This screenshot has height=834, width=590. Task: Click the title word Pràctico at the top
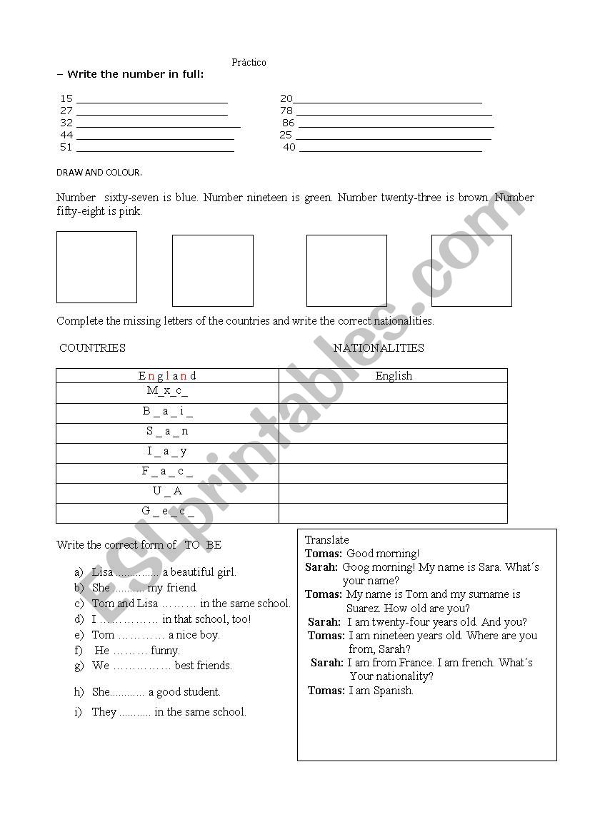pyautogui.click(x=249, y=63)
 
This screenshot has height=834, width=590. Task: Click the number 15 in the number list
pyautogui.click(x=66, y=98)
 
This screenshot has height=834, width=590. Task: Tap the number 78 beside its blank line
pyautogui.click(x=286, y=111)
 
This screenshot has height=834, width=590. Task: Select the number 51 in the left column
pyautogui.click(x=66, y=147)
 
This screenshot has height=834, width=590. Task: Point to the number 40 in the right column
pyautogui.click(x=289, y=147)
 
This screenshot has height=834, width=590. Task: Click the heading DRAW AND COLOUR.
pyautogui.click(x=99, y=173)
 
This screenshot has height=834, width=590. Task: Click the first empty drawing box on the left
pyautogui.click(x=96, y=267)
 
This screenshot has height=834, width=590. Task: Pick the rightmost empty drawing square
pyautogui.click(x=471, y=270)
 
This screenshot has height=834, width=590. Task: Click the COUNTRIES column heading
pyautogui.click(x=92, y=348)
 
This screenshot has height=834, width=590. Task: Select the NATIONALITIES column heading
pyautogui.click(x=379, y=348)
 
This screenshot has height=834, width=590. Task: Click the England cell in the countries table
pyautogui.click(x=167, y=375)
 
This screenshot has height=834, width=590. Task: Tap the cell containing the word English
pyautogui.click(x=394, y=375)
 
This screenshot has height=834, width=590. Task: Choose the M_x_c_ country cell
pyautogui.click(x=167, y=391)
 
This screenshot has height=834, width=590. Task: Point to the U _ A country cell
pyautogui.click(x=167, y=491)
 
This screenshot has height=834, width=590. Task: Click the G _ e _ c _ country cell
pyautogui.click(x=167, y=511)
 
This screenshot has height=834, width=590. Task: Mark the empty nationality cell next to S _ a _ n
pyautogui.click(x=393, y=432)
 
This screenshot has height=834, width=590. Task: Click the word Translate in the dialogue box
pyautogui.click(x=327, y=540)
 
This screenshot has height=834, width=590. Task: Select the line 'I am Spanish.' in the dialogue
pyautogui.click(x=381, y=691)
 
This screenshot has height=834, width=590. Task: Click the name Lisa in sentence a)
pyautogui.click(x=102, y=572)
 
